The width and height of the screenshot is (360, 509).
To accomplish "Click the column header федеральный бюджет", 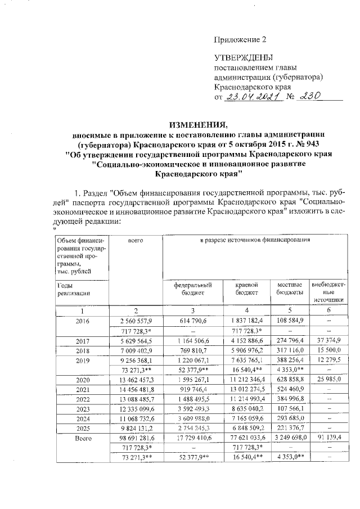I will coord(192,289).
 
